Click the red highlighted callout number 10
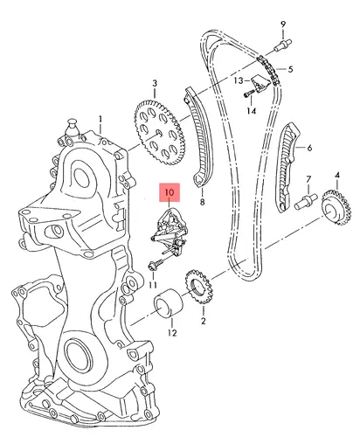point(170,192)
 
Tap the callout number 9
point(283,24)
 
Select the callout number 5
point(290,69)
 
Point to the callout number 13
point(239,80)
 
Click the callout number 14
point(252,111)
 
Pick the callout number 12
point(172,333)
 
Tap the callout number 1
point(100,120)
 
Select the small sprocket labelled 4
point(336,207)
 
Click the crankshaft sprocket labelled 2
point(199,287)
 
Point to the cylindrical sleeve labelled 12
point(169,302)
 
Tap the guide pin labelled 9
point(283,45)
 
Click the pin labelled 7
point(305,201)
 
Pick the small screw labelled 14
point(250,94)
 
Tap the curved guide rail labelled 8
point(199,137)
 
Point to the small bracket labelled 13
point(260,84)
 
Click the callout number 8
point(202,202)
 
